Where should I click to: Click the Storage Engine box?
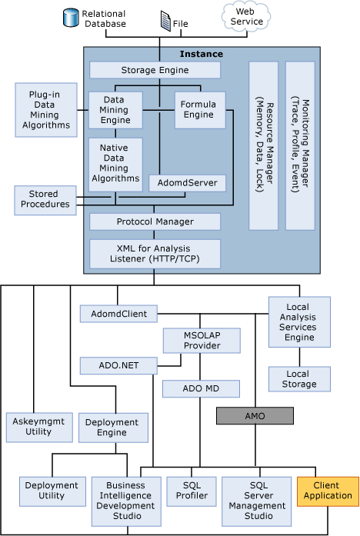[155, 70]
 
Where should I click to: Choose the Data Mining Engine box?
[115, 110]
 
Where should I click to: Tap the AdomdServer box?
[188, 183]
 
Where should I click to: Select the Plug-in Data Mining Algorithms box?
[46, 109]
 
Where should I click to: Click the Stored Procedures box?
[45, 199]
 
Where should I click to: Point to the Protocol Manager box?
[155, 221]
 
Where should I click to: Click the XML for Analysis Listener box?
[155, 253]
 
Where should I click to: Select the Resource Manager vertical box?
[263, 145]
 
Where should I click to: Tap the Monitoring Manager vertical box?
[300, 145]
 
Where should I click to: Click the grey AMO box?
[255, 415]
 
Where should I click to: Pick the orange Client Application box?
[328, 491]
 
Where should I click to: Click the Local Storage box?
[297, 378]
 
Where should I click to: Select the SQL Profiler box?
[191, 491]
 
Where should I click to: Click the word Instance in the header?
[202, 54]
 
